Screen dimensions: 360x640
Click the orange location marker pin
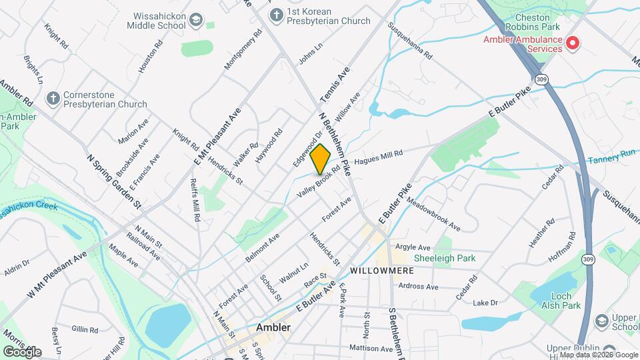coord(320,159)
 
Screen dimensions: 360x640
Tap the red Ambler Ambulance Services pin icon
coord(572,44)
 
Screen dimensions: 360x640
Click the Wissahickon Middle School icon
coord(195,20)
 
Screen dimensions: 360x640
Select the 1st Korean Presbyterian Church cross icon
coord(275,14)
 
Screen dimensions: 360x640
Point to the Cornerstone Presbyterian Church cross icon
coord(53,99)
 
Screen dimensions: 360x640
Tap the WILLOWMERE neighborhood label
coord(382,271)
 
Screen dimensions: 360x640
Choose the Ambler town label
coord(273,327)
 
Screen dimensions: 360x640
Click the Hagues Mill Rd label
coord(379,157)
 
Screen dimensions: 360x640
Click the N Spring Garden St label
coord(115,182)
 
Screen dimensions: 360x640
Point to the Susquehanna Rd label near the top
coord(411,41)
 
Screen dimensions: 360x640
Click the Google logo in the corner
coord(22,351)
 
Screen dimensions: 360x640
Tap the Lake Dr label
coord(485,303)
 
